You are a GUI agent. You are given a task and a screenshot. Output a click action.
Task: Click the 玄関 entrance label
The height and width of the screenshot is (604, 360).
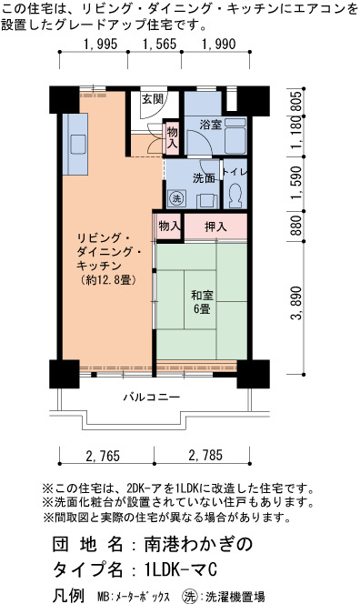153,99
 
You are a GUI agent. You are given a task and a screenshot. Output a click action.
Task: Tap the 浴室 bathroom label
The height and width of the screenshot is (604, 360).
210,125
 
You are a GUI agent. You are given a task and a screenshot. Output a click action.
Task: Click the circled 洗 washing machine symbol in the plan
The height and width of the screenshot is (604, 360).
176,199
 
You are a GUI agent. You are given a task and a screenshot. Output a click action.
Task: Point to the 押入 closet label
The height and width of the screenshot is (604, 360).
215,226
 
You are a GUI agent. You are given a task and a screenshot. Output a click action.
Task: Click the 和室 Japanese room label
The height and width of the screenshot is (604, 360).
202,296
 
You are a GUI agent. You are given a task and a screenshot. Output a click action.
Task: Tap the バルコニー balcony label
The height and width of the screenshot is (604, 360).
152,397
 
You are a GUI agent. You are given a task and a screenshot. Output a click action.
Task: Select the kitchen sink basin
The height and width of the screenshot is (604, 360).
78,145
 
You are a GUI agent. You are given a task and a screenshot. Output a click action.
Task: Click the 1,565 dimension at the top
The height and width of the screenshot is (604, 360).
159,44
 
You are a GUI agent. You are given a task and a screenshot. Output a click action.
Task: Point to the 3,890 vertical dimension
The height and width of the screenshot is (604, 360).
295,304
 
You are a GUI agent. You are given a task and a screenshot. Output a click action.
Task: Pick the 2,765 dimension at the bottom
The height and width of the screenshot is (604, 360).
103,456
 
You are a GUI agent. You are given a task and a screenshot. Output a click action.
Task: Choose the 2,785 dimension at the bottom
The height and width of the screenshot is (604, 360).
205,456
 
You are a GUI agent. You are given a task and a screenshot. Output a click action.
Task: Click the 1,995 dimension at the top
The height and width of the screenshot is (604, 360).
101,44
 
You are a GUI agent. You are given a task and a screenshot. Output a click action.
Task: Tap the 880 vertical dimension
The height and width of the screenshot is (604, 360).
295,226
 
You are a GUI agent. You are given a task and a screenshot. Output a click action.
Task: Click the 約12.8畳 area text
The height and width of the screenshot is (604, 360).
109,280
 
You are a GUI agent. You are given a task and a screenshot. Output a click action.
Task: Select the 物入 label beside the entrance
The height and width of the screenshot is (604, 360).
172,137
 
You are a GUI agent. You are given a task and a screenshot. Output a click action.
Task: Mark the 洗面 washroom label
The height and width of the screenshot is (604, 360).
204,178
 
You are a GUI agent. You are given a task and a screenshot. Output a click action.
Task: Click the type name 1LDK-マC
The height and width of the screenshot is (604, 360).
181,569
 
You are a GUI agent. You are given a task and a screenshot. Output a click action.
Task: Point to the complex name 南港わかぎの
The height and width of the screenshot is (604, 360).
199,544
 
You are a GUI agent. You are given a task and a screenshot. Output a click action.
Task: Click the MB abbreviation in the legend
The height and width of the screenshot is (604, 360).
104,597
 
